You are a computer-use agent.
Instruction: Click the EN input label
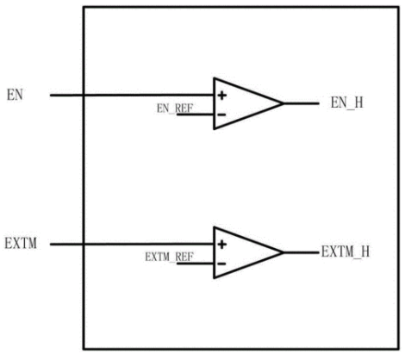(x=15, y=95)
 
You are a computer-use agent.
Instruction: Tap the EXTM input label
(x=21, y=244)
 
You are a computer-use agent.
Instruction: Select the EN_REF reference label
(x=175, y=109)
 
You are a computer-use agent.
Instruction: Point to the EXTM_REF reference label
(x=169, y=257)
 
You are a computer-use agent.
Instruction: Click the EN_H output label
(x=347, y=102)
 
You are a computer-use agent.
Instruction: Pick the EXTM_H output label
(x=346, y=251)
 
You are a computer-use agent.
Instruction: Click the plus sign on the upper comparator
(x=222, y=96)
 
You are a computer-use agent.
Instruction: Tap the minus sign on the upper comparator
(x=221, y=115)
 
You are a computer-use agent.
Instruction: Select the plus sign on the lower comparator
(x=222, y=245)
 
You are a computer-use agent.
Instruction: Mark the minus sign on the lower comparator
(x=221, y=264)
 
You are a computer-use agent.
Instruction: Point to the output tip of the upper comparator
(x=283, y=103)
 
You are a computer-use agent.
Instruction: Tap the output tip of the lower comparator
(x=283, y=252)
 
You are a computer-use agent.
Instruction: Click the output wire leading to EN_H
(x=302, y=103)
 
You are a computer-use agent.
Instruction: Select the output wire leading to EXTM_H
(x=302, y=252)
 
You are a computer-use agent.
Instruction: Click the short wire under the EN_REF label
(x=196, y=115)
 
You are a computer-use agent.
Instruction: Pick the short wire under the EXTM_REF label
(x=196, y=264)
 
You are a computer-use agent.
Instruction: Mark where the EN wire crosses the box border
(x=84, y=95)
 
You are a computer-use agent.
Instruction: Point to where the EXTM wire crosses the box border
(x=84, y=245)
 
